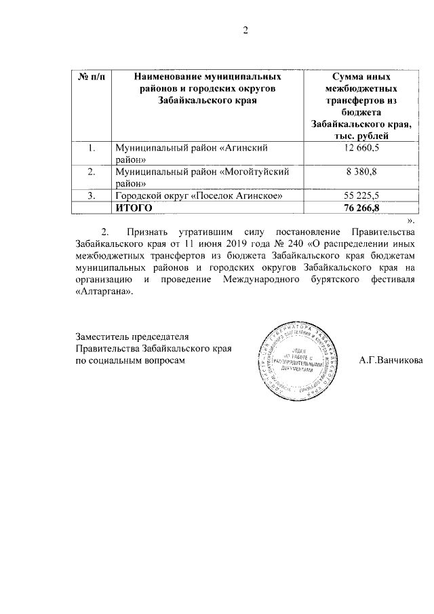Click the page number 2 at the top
[247, 30]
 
